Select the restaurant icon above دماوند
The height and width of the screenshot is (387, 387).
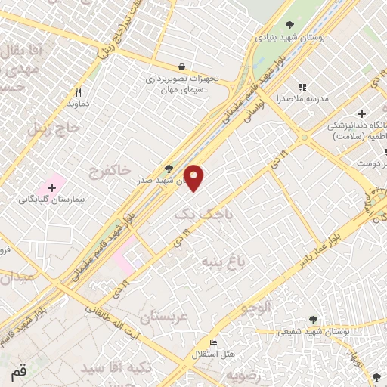point(78,91)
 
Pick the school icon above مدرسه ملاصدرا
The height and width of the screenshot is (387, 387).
point(303,88)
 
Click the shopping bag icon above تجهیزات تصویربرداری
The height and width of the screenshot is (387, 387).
point(181,66)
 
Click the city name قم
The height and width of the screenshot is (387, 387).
point(17,373)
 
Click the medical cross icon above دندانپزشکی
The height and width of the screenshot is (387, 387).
point(362,113)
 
